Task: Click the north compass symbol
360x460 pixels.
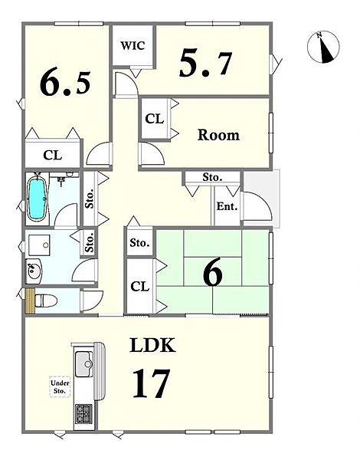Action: [x=323, y=47]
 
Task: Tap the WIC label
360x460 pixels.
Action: [x=133, y=46]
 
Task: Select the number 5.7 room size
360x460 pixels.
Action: [x=205, y=63]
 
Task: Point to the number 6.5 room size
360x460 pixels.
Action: [x=65, y=84]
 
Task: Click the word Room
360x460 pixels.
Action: [x=218, y=135]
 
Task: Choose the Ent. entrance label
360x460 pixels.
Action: [x=227, y=206]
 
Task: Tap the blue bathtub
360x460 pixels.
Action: [x=38, y=199]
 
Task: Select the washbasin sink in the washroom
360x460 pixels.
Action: [x=33, y=271]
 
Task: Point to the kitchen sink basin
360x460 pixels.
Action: [x=84, y=364]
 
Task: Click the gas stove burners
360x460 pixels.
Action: [x=83, y=414]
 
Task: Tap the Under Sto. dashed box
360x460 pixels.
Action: [x=60, y=386]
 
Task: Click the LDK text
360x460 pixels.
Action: [x=152, y=345]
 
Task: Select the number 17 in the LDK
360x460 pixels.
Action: [x=151, y=383]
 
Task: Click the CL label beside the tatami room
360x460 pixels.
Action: [x=140, y=287]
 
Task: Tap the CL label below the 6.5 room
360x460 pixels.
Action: [x=53, y=155]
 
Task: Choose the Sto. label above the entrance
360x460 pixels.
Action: [x=212, y=177]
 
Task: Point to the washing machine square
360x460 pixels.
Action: [x=39, y=245]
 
